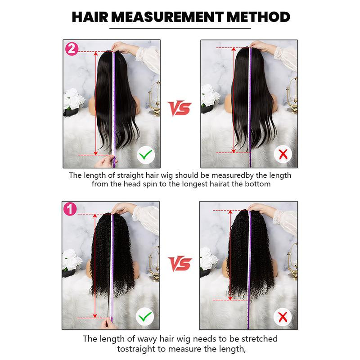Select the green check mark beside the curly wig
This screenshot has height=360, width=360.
[x=144, y=318]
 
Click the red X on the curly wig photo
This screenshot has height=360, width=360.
[x=283, y=318]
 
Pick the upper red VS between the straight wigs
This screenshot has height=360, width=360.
[x=180, y=108]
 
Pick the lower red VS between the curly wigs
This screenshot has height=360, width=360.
[x=180, y=262]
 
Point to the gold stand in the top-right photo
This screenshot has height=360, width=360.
[x=291, y=97]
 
